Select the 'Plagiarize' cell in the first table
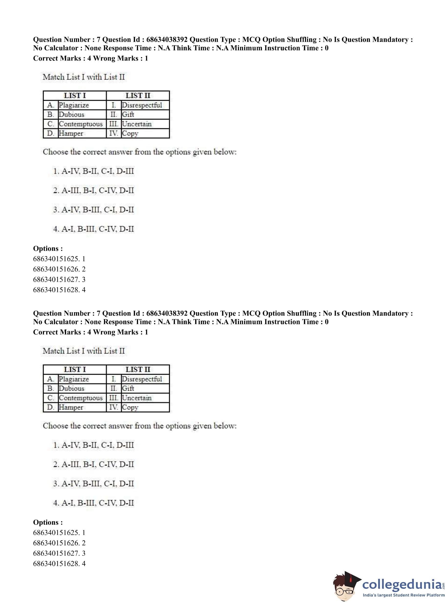click(x=74, y=105)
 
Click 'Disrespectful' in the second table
click(x=142, y=379)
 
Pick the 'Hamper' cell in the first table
click(x=71, y=133)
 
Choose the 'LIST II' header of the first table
click(x=138, y=95)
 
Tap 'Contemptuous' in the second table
click(x=81, y=398)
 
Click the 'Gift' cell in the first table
click(x=128, y=114)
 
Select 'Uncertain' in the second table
click(x=137, y=398)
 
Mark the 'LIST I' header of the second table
click(x=75, y=369)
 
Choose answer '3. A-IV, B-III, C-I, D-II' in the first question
click(x=93, y=210)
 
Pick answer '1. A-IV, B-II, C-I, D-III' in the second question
click(x=93, y=445)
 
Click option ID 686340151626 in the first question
click(x=59, y=269)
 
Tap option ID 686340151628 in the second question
click(x=59, y=564)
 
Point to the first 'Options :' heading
click(x=48, y=249)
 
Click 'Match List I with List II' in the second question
click(x=84, y=351)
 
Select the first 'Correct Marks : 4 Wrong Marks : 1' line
click(x=91, y=58)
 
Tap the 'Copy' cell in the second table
click(x=130, y=407)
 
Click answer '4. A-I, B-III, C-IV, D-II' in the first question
click(x=93, y=229)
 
